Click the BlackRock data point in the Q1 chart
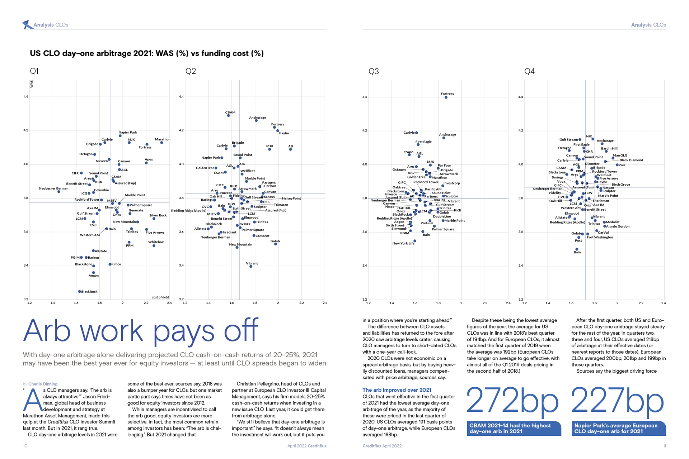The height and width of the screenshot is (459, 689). pos(79,292)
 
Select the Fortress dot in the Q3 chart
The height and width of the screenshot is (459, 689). pos(446,97)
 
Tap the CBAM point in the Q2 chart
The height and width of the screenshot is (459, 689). pos(228,116)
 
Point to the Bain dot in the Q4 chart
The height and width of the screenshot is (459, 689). pos(577,249)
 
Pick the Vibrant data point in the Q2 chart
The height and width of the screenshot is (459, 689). pos(251,267)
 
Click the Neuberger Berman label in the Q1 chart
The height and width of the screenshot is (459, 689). pos(53,188)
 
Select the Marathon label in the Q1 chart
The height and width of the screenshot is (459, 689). pos(163,139)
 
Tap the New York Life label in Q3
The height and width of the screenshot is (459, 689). pos(403,243)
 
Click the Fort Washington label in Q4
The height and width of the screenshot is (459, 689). pos(600,237)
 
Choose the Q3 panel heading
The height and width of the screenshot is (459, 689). pos(374,71)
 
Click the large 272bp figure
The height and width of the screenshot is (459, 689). pos(512,400)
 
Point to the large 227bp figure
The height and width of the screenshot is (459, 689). pos(617,400)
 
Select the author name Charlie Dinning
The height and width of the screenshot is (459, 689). pos(43,384)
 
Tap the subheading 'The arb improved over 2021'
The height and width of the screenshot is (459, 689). pos(397,390)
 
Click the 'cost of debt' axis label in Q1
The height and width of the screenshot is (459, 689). pos(160,297)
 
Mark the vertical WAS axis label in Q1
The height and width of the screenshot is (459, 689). pos(32,84)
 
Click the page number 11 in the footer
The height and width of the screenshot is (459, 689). pos(664,446)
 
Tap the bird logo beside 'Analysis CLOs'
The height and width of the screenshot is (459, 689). pos(27,24)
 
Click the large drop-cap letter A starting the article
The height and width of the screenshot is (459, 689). pos(33,400)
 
